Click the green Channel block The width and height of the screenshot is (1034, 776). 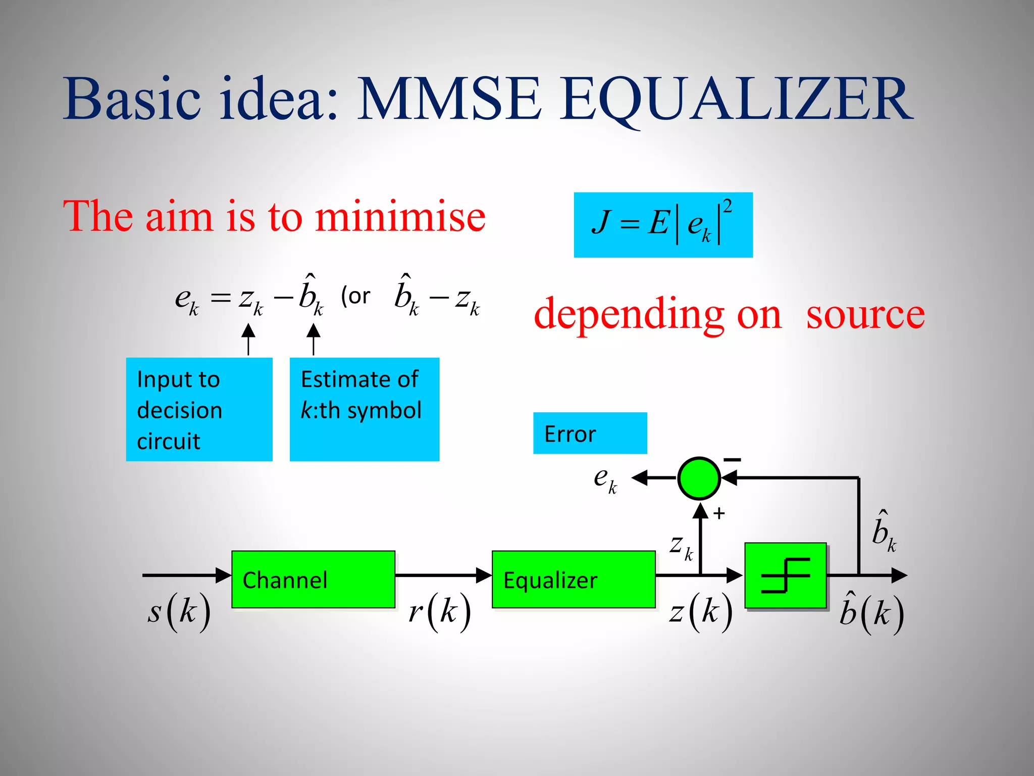click(313, 579)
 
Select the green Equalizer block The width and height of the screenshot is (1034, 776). click(574, 579)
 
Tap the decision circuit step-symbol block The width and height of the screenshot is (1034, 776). click(786, 575)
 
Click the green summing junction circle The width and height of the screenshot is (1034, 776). click(699, 478)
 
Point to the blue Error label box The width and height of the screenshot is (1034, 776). click(590, 433)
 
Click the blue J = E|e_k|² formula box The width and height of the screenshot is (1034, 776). click(663, 225)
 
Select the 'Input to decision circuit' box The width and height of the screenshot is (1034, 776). click(199, 409)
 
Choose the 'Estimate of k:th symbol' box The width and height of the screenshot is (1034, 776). click(364, 409)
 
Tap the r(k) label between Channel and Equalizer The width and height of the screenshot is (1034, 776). click(440, 612)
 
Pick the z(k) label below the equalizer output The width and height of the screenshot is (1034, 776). click(701, 612)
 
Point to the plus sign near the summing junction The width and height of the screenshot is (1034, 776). click(719, 514)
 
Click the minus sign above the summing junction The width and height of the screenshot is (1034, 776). click(732, 460)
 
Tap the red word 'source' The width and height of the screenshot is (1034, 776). click(865, 314)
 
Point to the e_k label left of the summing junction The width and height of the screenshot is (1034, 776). click(605, 479)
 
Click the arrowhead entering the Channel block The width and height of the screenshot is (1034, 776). click(223, 575)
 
